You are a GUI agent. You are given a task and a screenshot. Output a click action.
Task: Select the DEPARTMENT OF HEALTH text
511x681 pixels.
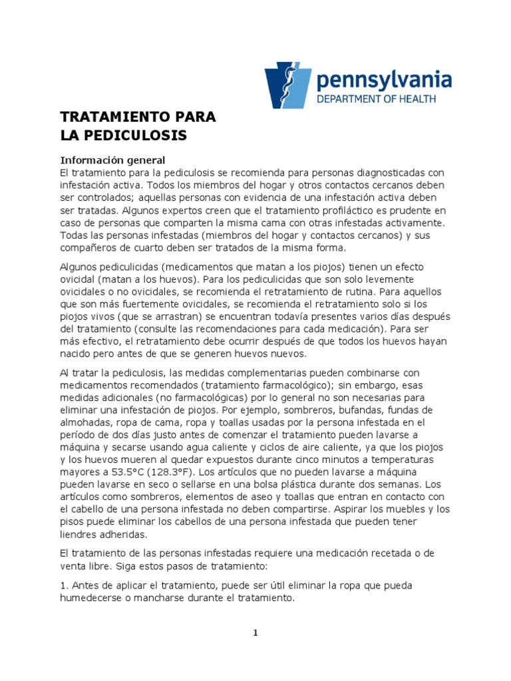point(376,98)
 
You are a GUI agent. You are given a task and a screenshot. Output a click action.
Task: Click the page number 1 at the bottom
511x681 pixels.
point(255,633)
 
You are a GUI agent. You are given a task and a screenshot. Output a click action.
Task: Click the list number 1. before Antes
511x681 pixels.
point(64,585)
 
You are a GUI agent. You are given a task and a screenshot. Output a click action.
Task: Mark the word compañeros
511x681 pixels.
point(90,248)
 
